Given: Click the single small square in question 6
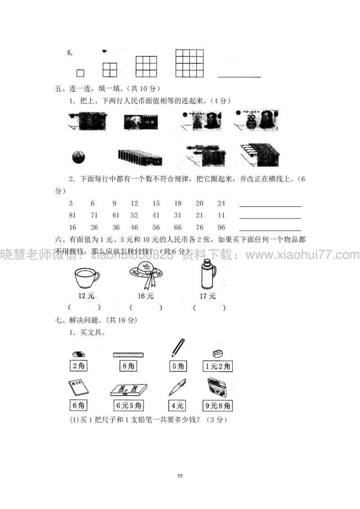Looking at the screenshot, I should [80, 73].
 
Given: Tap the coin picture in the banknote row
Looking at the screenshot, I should [78, 158].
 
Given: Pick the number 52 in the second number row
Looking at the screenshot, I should [134, 215].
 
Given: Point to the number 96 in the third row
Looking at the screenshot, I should [221, 227].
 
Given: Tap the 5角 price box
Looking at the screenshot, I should [178, 366].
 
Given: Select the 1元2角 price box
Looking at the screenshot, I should [217, 366].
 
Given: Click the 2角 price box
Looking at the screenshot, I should [78, 366].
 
